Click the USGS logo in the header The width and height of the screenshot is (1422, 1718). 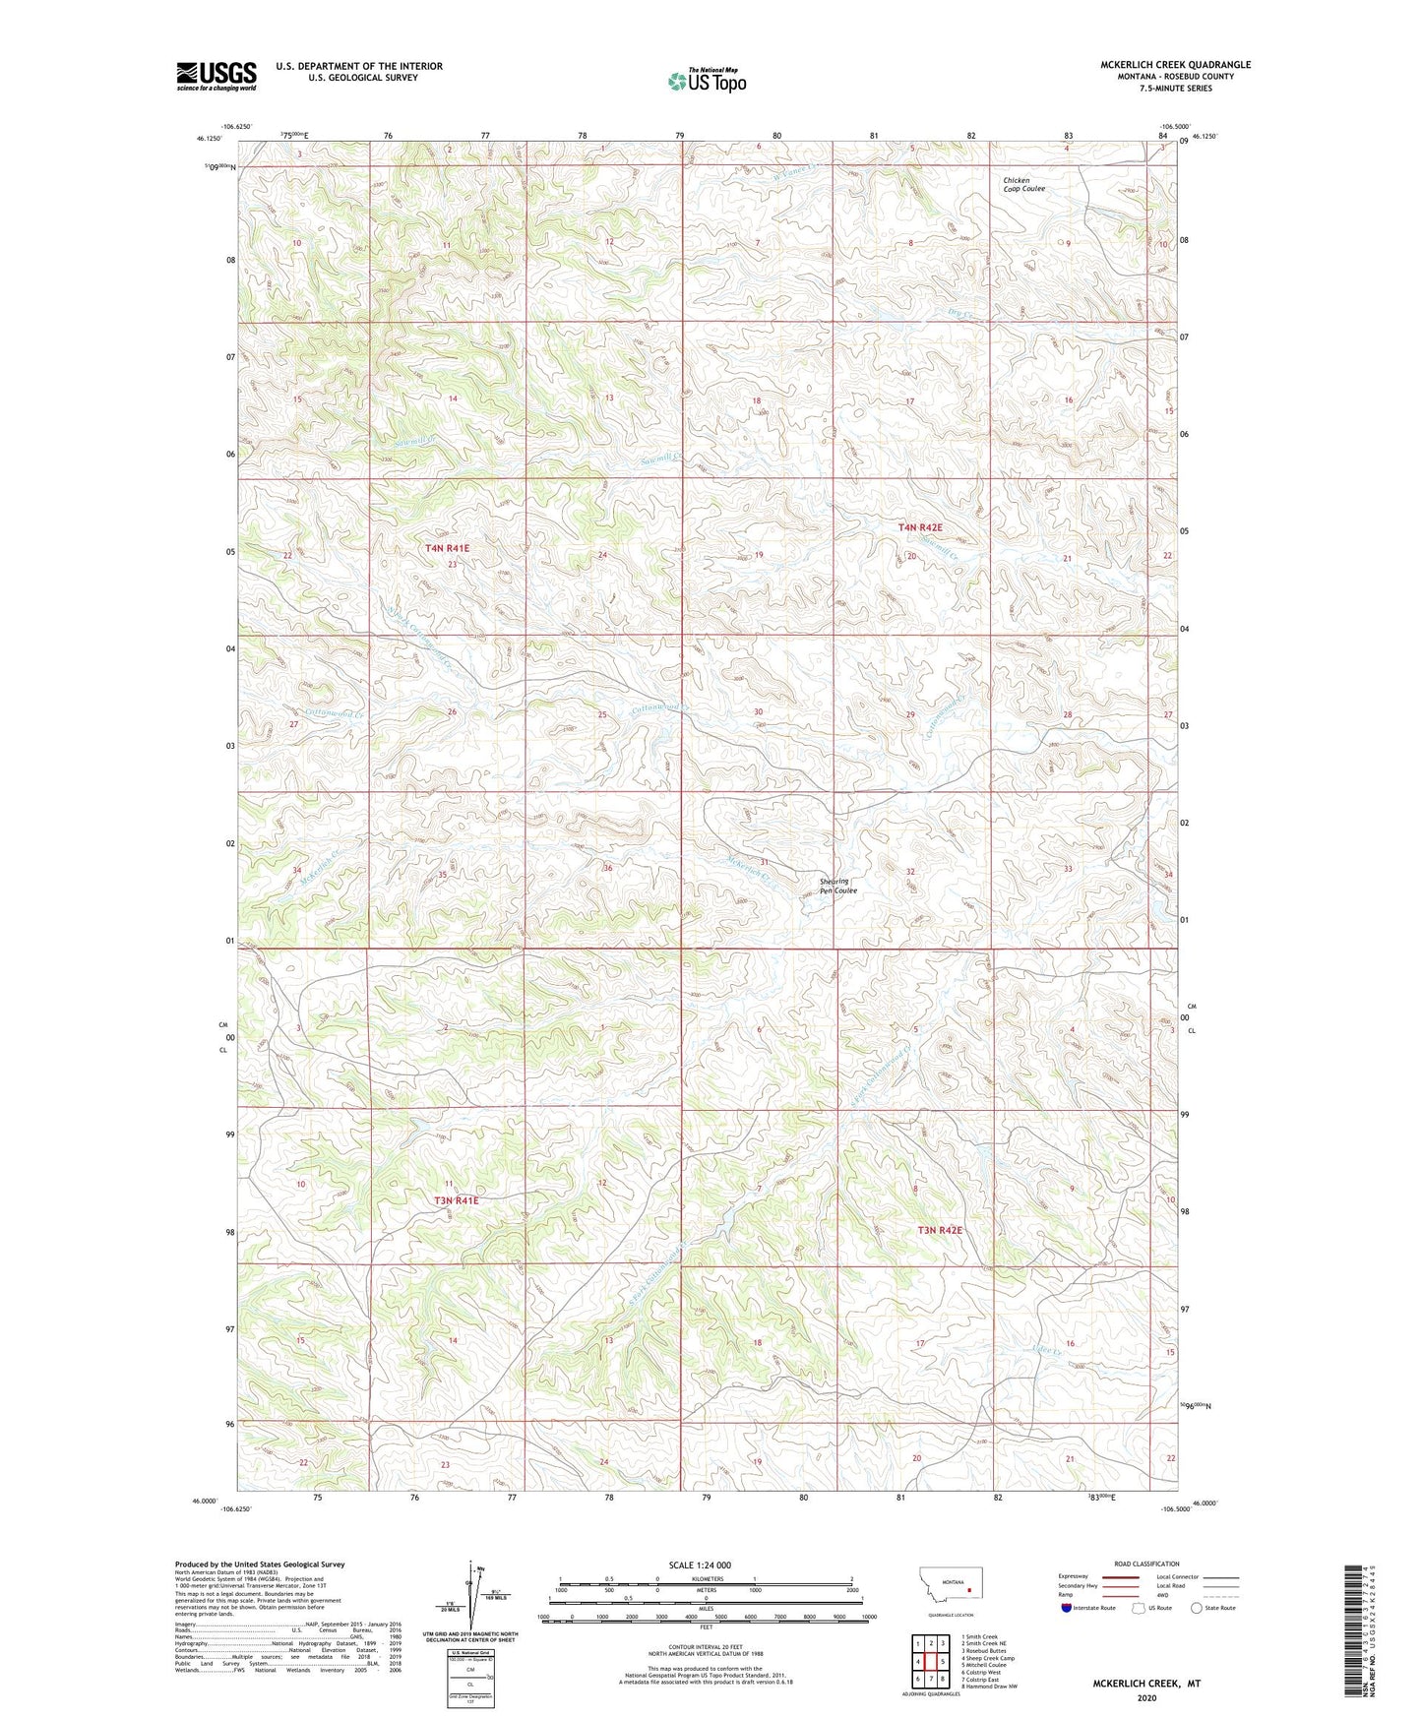click(216, 76)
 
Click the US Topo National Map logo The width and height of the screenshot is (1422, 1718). click(706, 81)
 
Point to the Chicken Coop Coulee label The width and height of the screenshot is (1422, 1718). click(1023, 184)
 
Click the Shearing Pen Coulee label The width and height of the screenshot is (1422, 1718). click(837, 886)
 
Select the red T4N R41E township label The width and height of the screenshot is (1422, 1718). click(447, 548)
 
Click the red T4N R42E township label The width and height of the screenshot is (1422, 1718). click(919, 527)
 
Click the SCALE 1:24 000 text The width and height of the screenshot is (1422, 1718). click(699, 1565)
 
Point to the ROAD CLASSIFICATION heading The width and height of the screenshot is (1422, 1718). click(1147, 1564)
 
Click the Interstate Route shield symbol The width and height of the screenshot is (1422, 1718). click(1067, 1608)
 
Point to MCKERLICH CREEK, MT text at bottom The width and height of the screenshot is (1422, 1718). click(1146, 1684)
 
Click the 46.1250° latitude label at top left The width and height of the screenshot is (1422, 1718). click(208, 139)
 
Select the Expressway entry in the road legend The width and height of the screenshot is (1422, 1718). click(1080, 1577)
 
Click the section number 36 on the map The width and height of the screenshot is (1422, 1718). click(607, 868)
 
